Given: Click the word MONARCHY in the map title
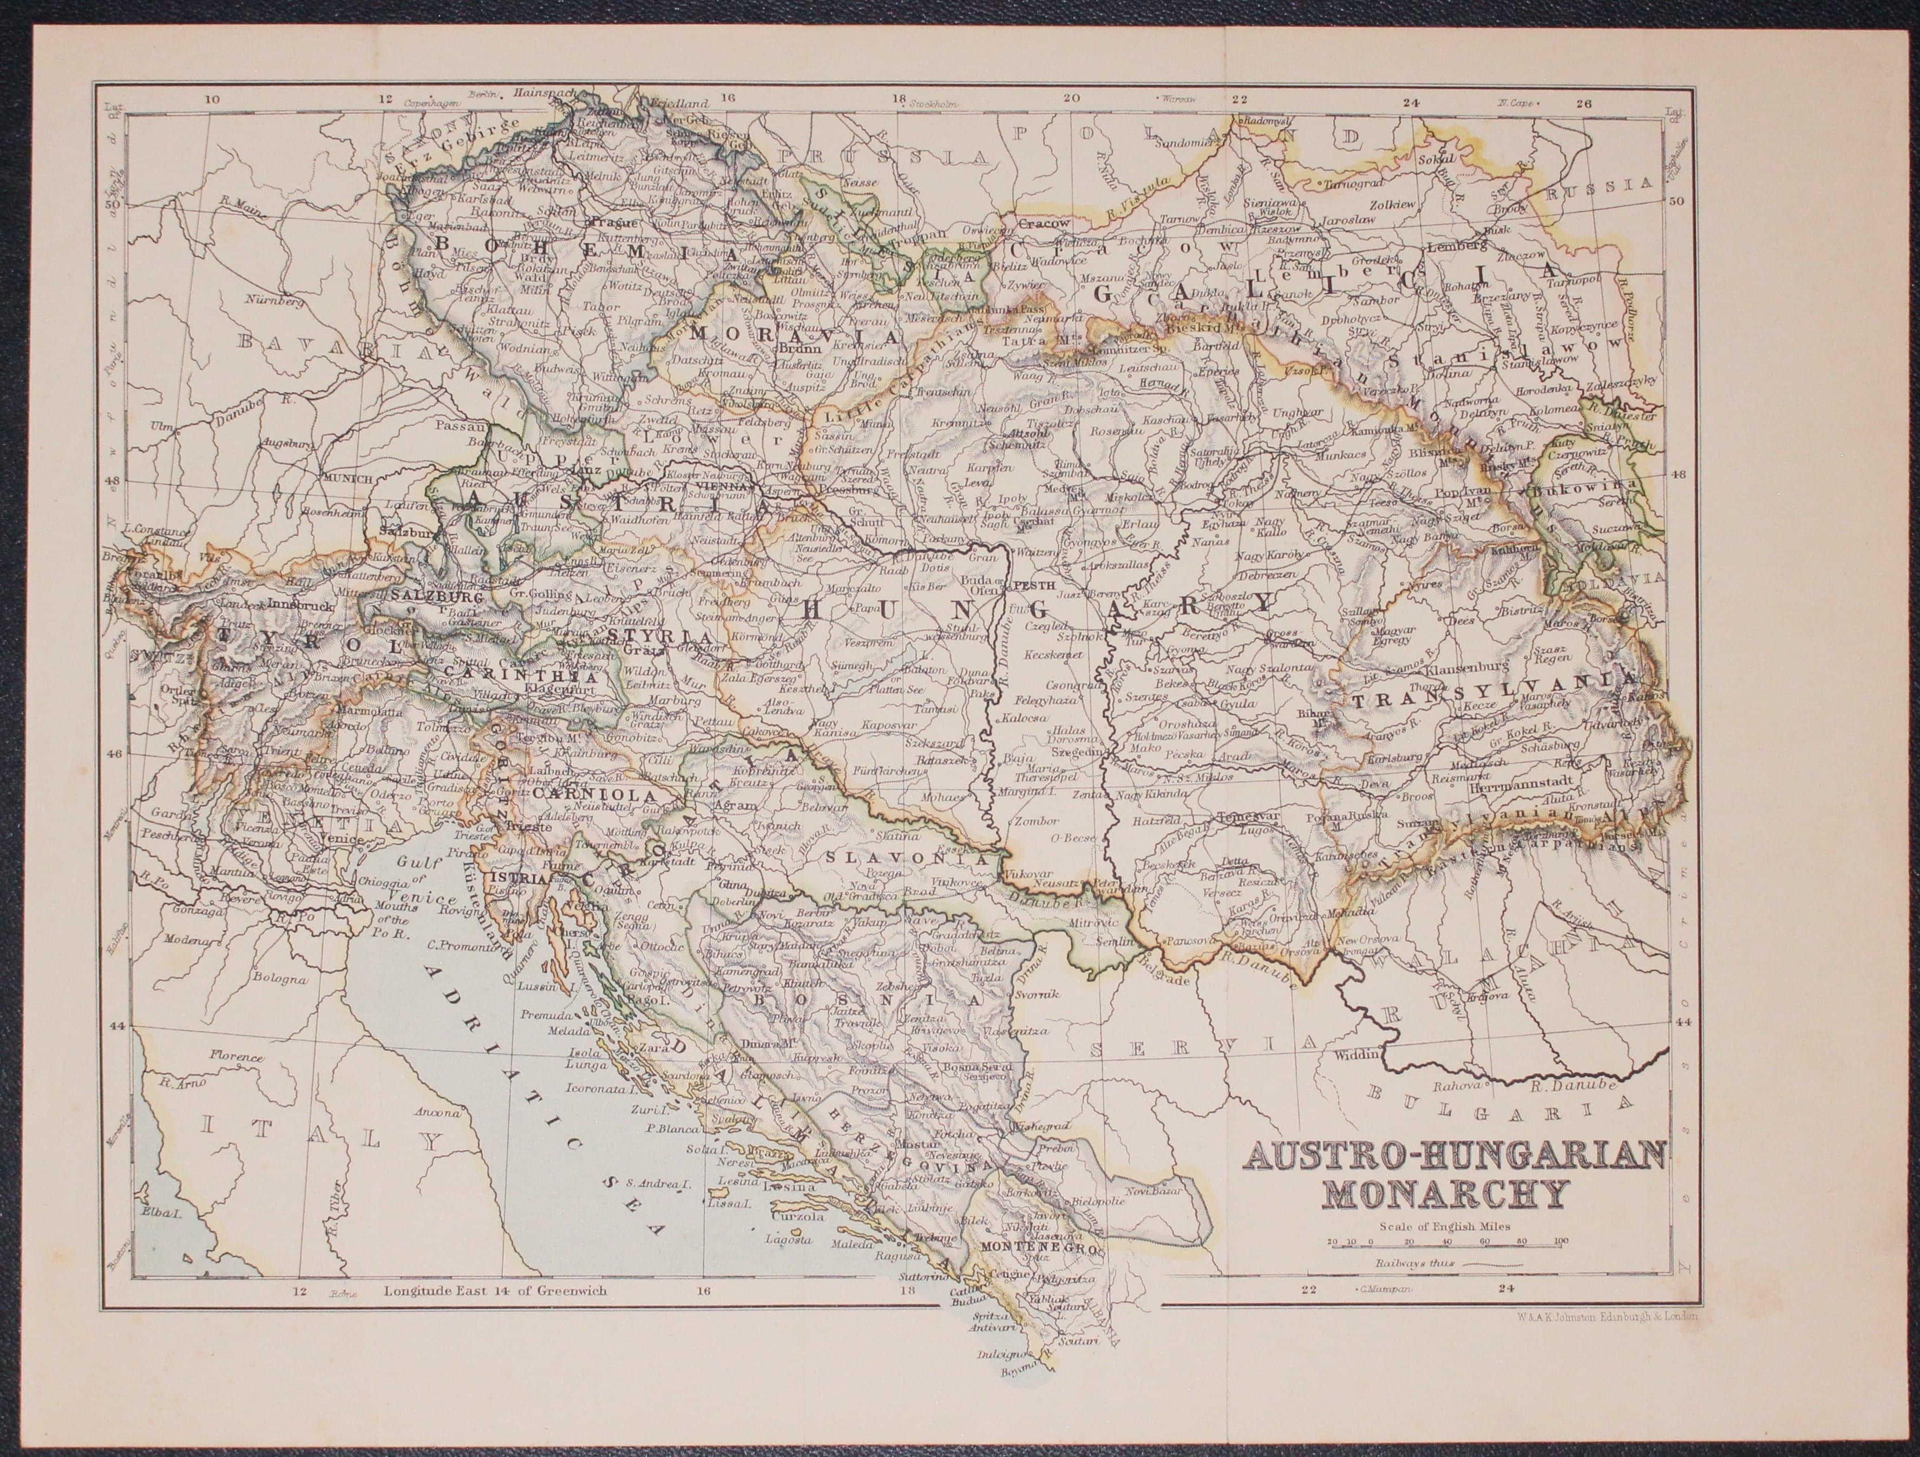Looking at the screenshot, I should [x=1447, y=1193].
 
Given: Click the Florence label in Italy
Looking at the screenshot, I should [x=235, y=1057].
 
